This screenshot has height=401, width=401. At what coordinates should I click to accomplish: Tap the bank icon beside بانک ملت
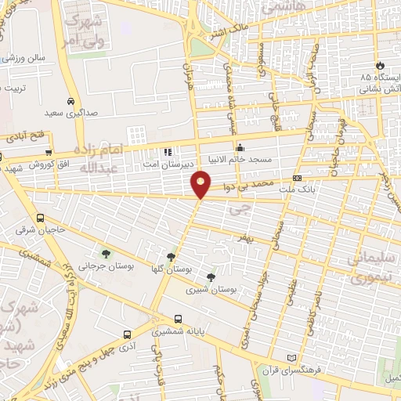click(296, 179)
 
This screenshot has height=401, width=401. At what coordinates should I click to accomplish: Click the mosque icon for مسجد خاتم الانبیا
click(240, 146)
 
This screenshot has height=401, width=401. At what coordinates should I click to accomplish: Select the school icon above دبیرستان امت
click(166, 151)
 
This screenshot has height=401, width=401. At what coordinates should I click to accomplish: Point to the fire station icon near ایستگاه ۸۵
click(380, 65)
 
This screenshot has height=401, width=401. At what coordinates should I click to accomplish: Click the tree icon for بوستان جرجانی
click(106, 253)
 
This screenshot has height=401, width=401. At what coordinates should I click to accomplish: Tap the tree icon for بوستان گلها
click(171, 257)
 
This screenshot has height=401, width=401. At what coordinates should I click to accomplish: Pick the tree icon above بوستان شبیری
click(210, 276)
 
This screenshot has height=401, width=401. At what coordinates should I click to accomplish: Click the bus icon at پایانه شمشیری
click(179, 319)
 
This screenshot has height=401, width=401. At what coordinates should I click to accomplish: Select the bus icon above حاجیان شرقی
click(40, 219)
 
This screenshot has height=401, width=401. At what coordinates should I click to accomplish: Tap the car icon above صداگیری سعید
click(70, 101)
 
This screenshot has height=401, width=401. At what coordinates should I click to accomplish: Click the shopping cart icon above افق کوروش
click(49, 152)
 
